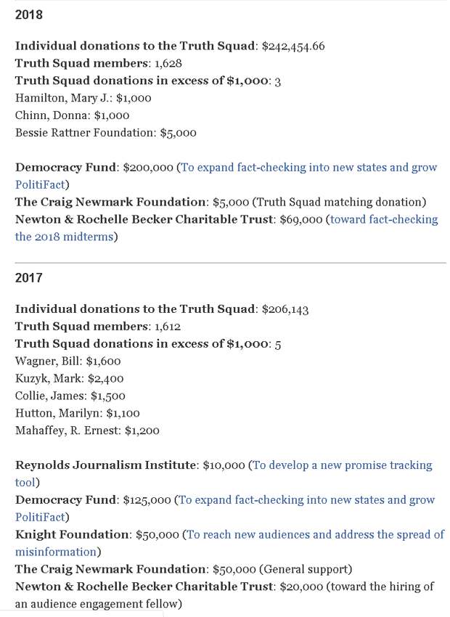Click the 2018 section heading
click(x=28, y=14)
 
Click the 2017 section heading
click(x=28, y=278)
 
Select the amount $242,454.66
click(x=292, y=46)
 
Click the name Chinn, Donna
click(x=47, y=115)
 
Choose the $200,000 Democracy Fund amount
click(x=148, y=167)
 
